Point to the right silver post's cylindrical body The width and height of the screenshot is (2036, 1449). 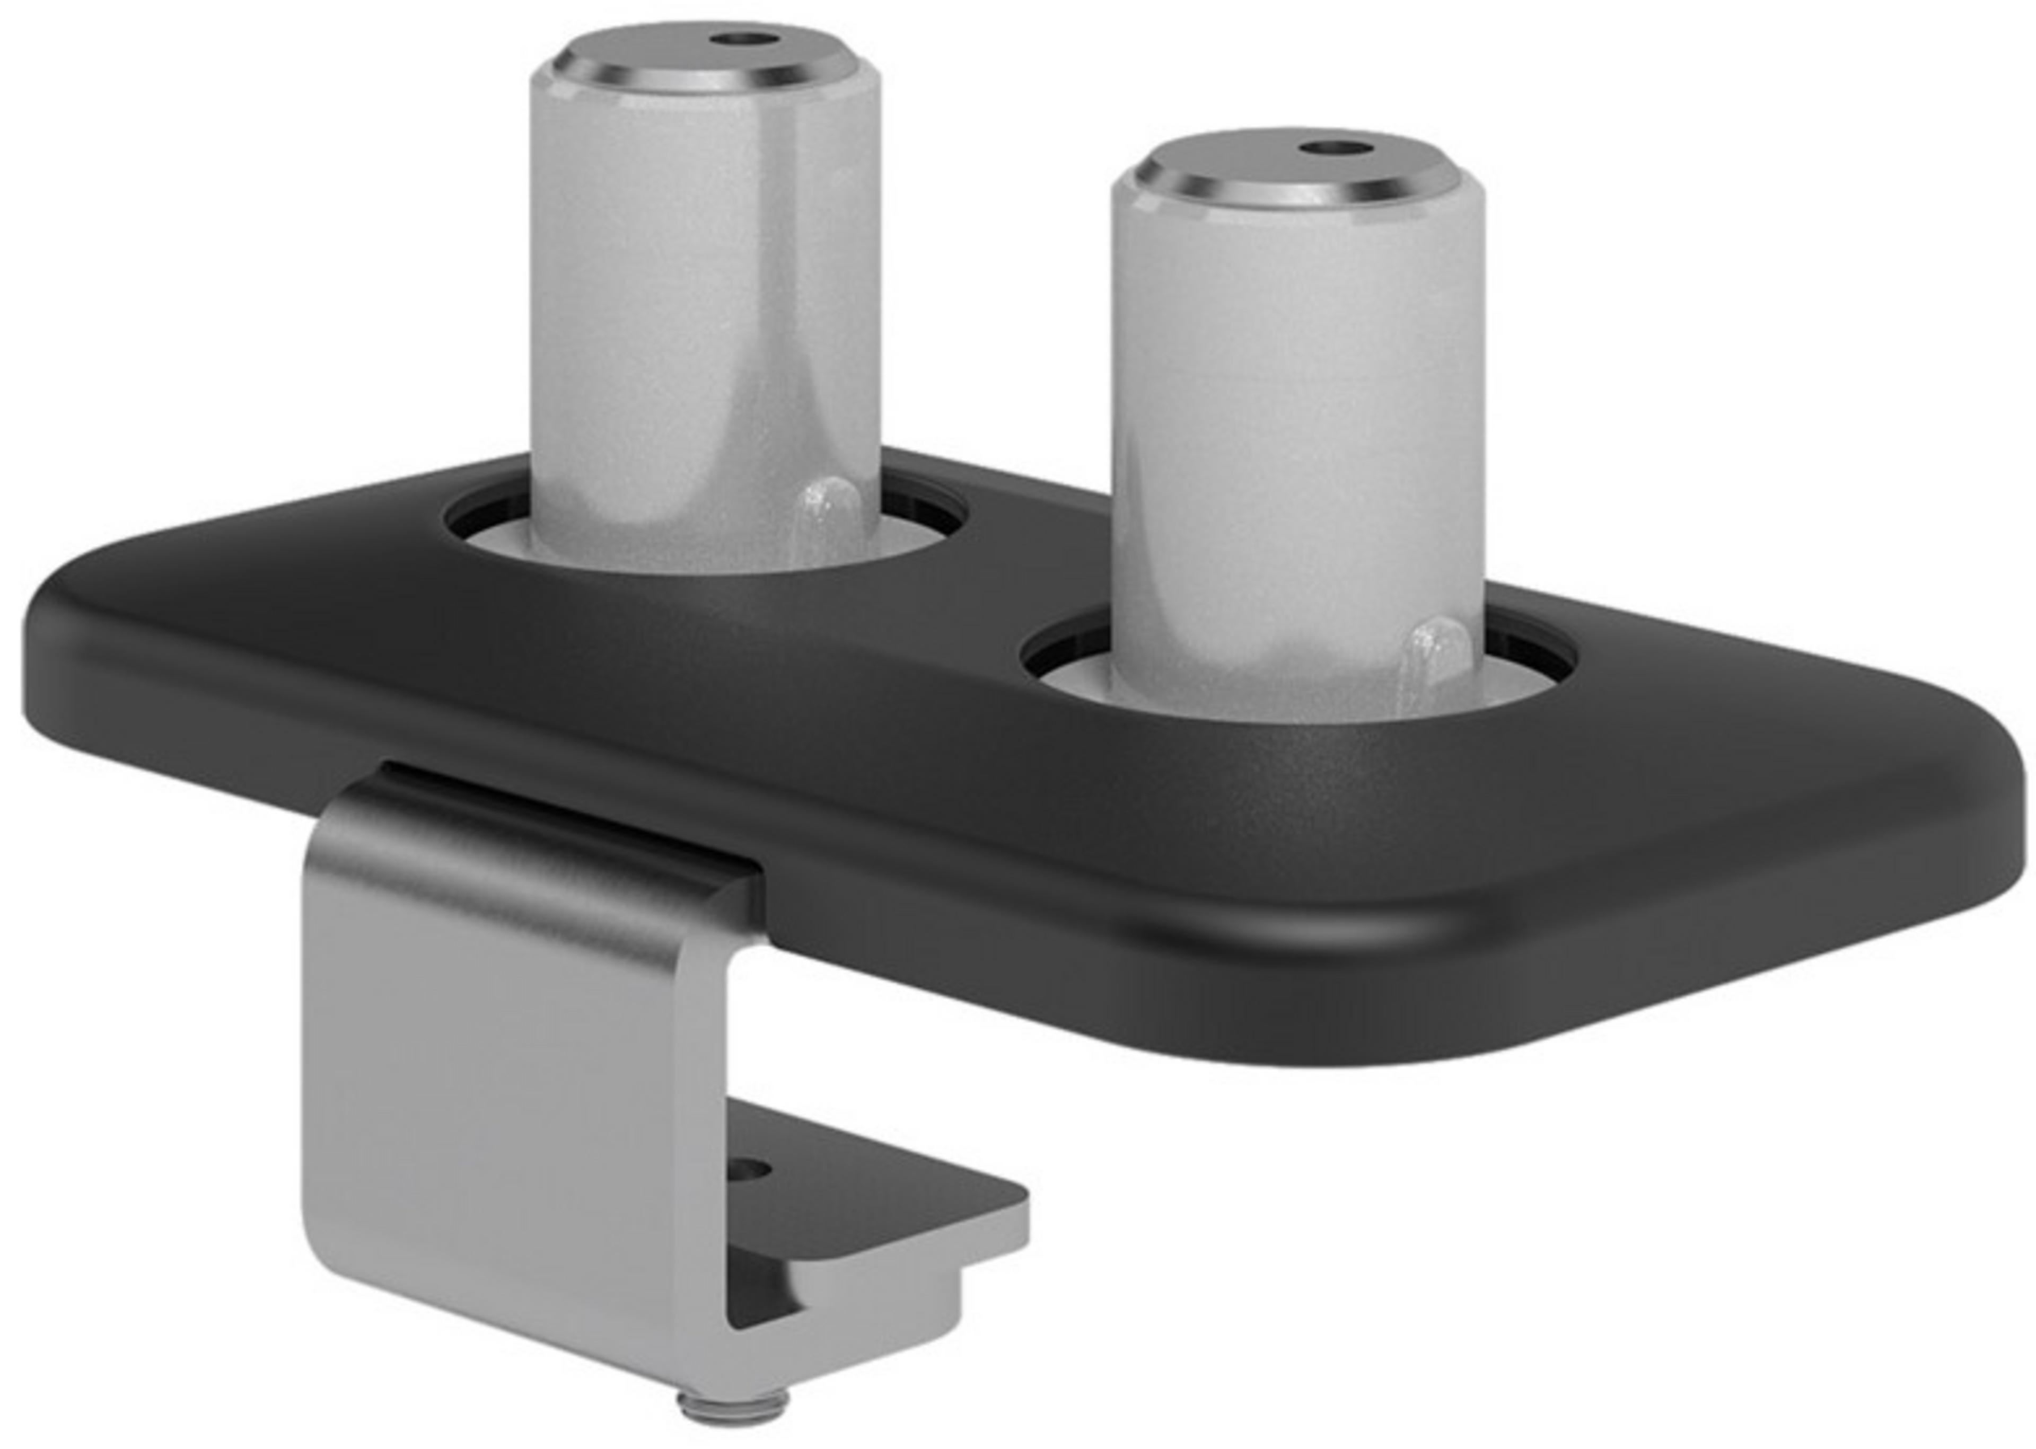(x=1285, y=428)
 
